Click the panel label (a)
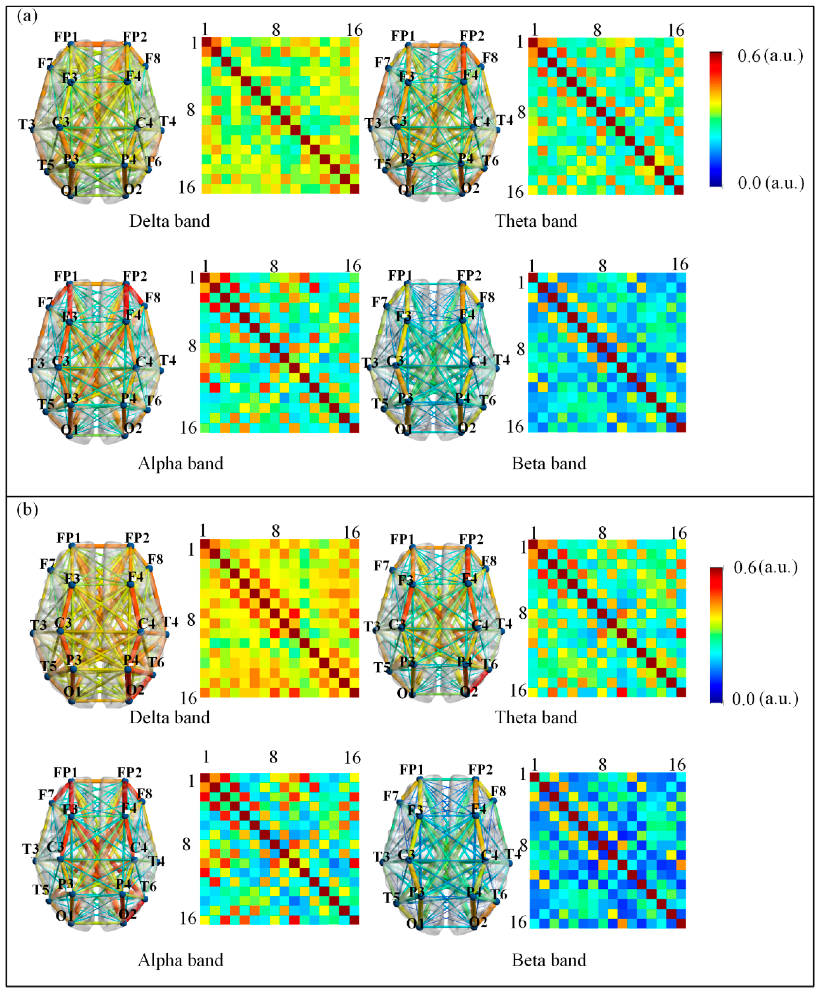pyautogui.click(x=27, y=17)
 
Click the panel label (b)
pyautogui.click(x=27, y=510)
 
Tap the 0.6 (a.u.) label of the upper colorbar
pyautogui.click(x=770, y=56)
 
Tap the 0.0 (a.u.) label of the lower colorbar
pyautogui.click(x=765, y=699)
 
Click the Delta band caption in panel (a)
pyautogui.click(x=169, y=221)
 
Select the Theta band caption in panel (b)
pyautogui.click(x=536, y=717)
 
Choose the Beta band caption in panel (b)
pyautogui.click(x=548, y=960)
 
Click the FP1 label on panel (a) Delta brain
pyautogui.click(x=66, y=37)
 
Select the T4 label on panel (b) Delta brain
pyautogui.click(x=170, y=622)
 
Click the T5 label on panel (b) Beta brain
pyautogui.click(x=391, y=898)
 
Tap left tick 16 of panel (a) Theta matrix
pyautogui.click(x=515, y=192)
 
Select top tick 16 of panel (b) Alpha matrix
pyautogui.click(x=352, y=758)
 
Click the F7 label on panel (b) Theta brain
pyautogui.click(x=381, y=566)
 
